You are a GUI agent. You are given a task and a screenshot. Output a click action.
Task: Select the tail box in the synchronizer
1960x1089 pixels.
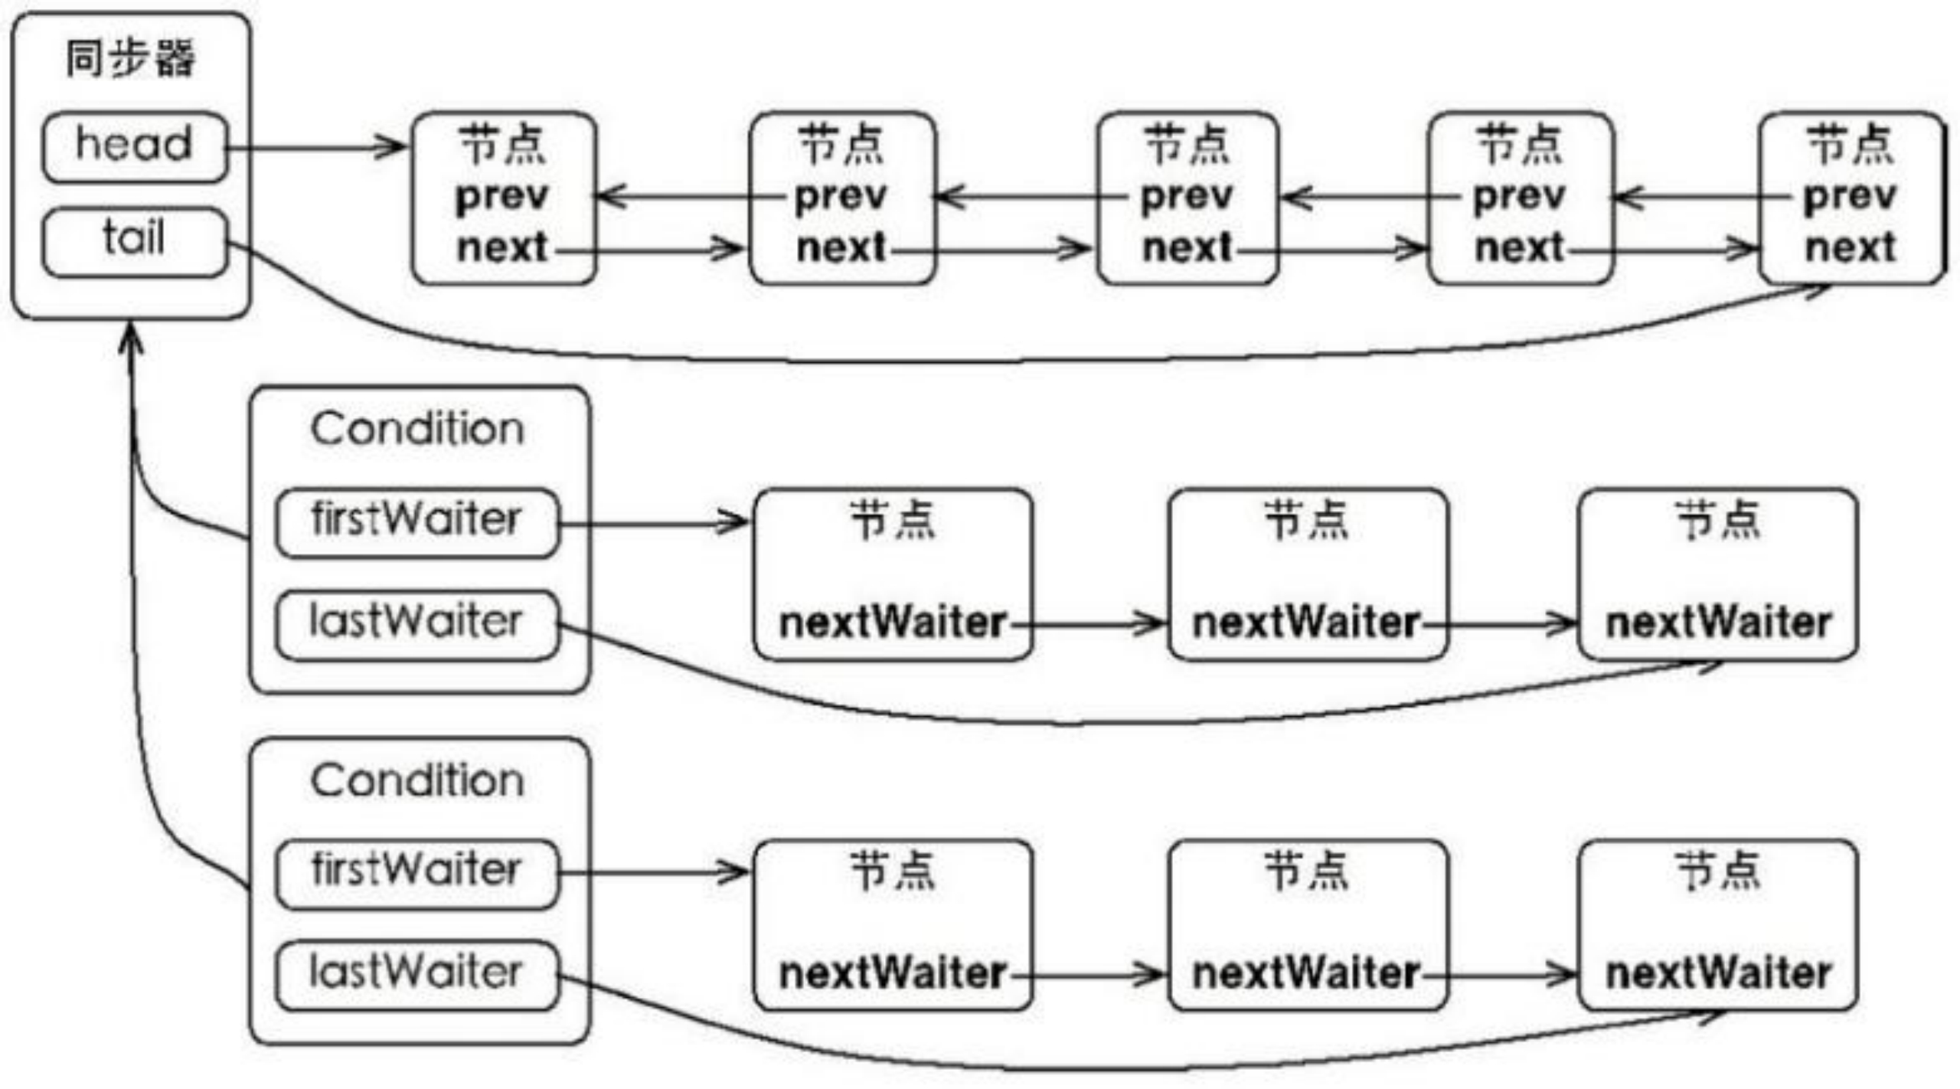click(135, 241)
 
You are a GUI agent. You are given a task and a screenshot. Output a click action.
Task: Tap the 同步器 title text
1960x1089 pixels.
click(130, 59)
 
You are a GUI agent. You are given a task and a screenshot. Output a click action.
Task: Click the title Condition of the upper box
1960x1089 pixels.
click(417, 429)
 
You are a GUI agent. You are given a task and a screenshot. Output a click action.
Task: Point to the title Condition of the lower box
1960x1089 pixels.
click(417, 781)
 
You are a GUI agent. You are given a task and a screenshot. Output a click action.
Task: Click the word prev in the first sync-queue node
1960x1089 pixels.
click(502, 197)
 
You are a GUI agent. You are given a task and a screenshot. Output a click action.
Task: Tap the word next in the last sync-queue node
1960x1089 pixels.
click(1851, 247)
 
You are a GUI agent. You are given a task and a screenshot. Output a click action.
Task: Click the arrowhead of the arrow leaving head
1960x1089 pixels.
click(394, 147)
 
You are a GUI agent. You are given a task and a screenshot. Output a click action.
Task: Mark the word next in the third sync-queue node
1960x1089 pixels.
click(1187, 247)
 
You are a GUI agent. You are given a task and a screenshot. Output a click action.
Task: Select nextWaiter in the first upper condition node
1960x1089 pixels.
click(892, 623)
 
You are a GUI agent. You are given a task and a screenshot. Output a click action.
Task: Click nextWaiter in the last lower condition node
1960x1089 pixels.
click(1719, 973)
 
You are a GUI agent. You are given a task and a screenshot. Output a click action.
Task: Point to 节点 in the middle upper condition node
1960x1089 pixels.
click(1306, 521)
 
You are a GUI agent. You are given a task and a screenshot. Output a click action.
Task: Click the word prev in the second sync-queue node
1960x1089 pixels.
click(841, 197)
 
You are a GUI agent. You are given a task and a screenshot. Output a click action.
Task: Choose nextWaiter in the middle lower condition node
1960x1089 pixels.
click(1306, 973)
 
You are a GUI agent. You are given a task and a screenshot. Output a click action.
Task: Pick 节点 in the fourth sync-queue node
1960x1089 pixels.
click(1520, 146)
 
